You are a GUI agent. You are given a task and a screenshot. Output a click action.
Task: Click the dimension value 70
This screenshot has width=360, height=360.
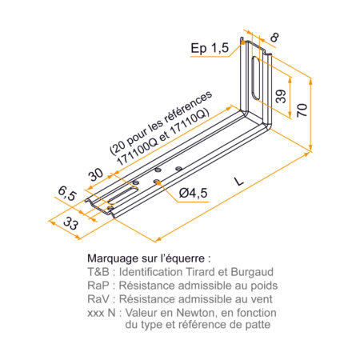302,110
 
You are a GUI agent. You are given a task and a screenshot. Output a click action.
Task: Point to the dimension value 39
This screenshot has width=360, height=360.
281,96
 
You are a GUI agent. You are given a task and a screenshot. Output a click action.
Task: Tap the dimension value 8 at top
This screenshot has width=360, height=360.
274,38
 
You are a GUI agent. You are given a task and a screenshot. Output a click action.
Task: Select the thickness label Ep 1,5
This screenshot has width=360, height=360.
210,49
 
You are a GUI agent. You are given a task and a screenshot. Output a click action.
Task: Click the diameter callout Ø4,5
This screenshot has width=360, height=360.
194,193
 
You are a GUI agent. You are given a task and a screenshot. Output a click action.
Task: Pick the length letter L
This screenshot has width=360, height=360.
239,182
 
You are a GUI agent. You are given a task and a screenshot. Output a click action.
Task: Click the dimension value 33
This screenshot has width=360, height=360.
71,223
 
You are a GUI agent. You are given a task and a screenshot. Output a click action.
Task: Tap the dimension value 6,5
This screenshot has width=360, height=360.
67,194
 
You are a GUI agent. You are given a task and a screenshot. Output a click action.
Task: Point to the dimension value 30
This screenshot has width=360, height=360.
96,174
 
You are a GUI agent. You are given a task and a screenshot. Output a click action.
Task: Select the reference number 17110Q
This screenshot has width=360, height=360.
189,125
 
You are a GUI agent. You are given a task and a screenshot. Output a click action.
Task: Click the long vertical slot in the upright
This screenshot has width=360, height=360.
256,78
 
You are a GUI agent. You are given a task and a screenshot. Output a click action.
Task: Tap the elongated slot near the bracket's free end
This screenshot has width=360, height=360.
122,194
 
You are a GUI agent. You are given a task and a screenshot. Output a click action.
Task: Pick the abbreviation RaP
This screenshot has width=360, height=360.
98,286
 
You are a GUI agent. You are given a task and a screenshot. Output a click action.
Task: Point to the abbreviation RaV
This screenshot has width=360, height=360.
98,299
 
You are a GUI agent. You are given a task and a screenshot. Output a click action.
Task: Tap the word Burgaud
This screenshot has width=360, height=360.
252,272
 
